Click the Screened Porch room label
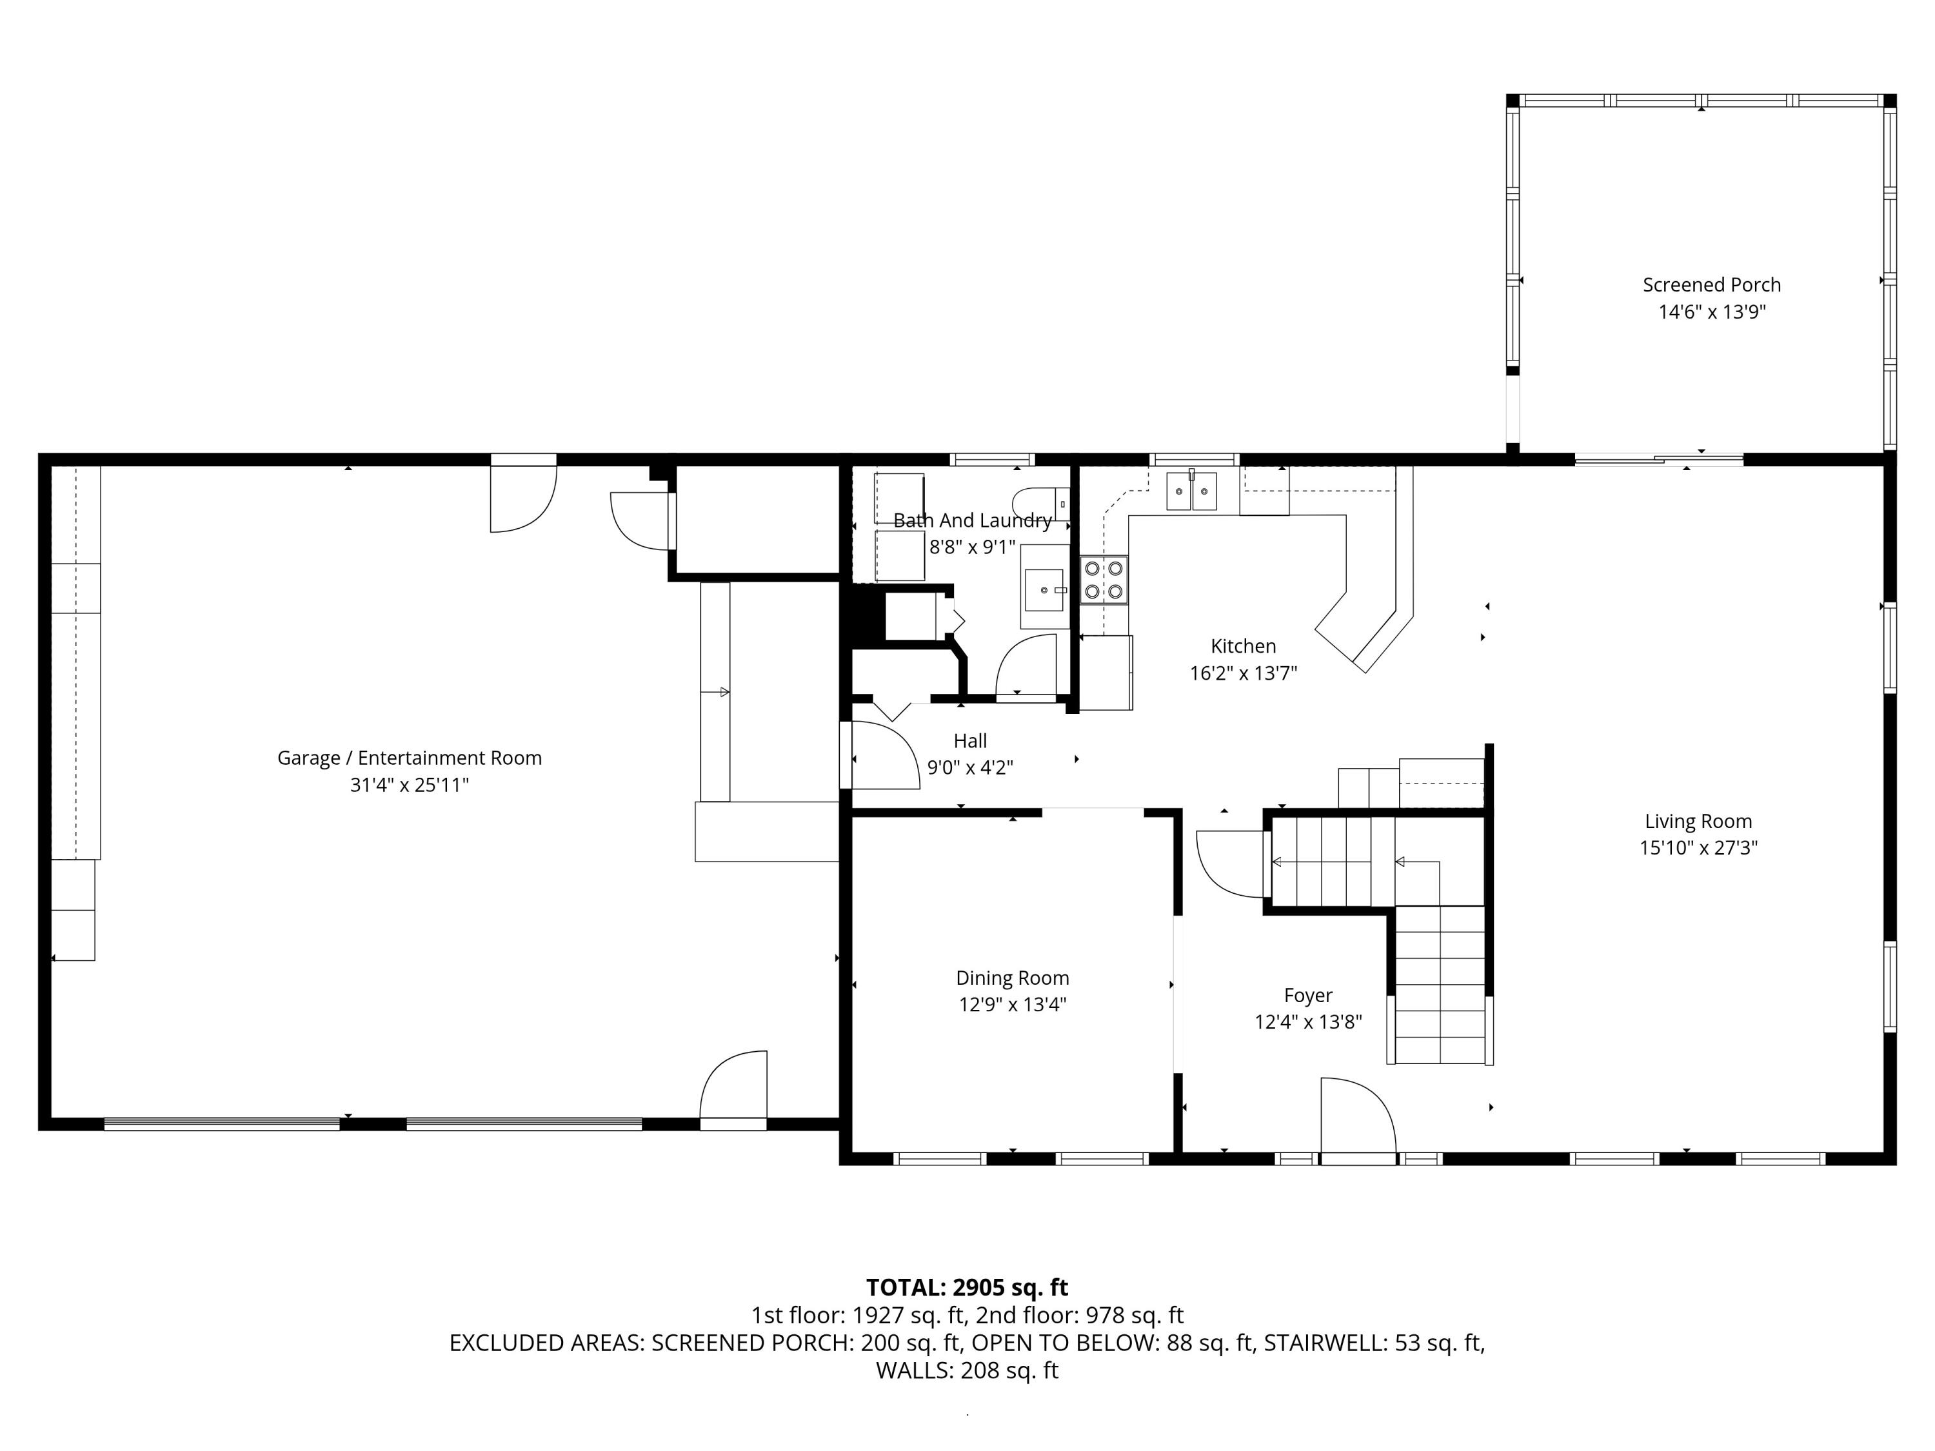tap(1711, 285)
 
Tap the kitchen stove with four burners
tap(1104, 580)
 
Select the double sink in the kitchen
tap(1191, 491)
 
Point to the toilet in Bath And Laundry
tap(1041, 504)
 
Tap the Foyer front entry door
tap(1358, 1120)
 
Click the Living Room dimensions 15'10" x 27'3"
tap(1698, 847)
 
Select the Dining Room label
tap(1012, 978)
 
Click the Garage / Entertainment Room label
tap(410, 758)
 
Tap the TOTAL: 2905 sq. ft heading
tap(967, 1287)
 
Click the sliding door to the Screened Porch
tap(1658, 459)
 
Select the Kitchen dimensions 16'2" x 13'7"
tap(1243, 673)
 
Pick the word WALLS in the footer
tap(914, 1370)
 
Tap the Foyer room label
tap(1308, 995)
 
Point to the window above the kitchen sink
tap(1194, 459)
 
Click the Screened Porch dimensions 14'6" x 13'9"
tap(1712, 312)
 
